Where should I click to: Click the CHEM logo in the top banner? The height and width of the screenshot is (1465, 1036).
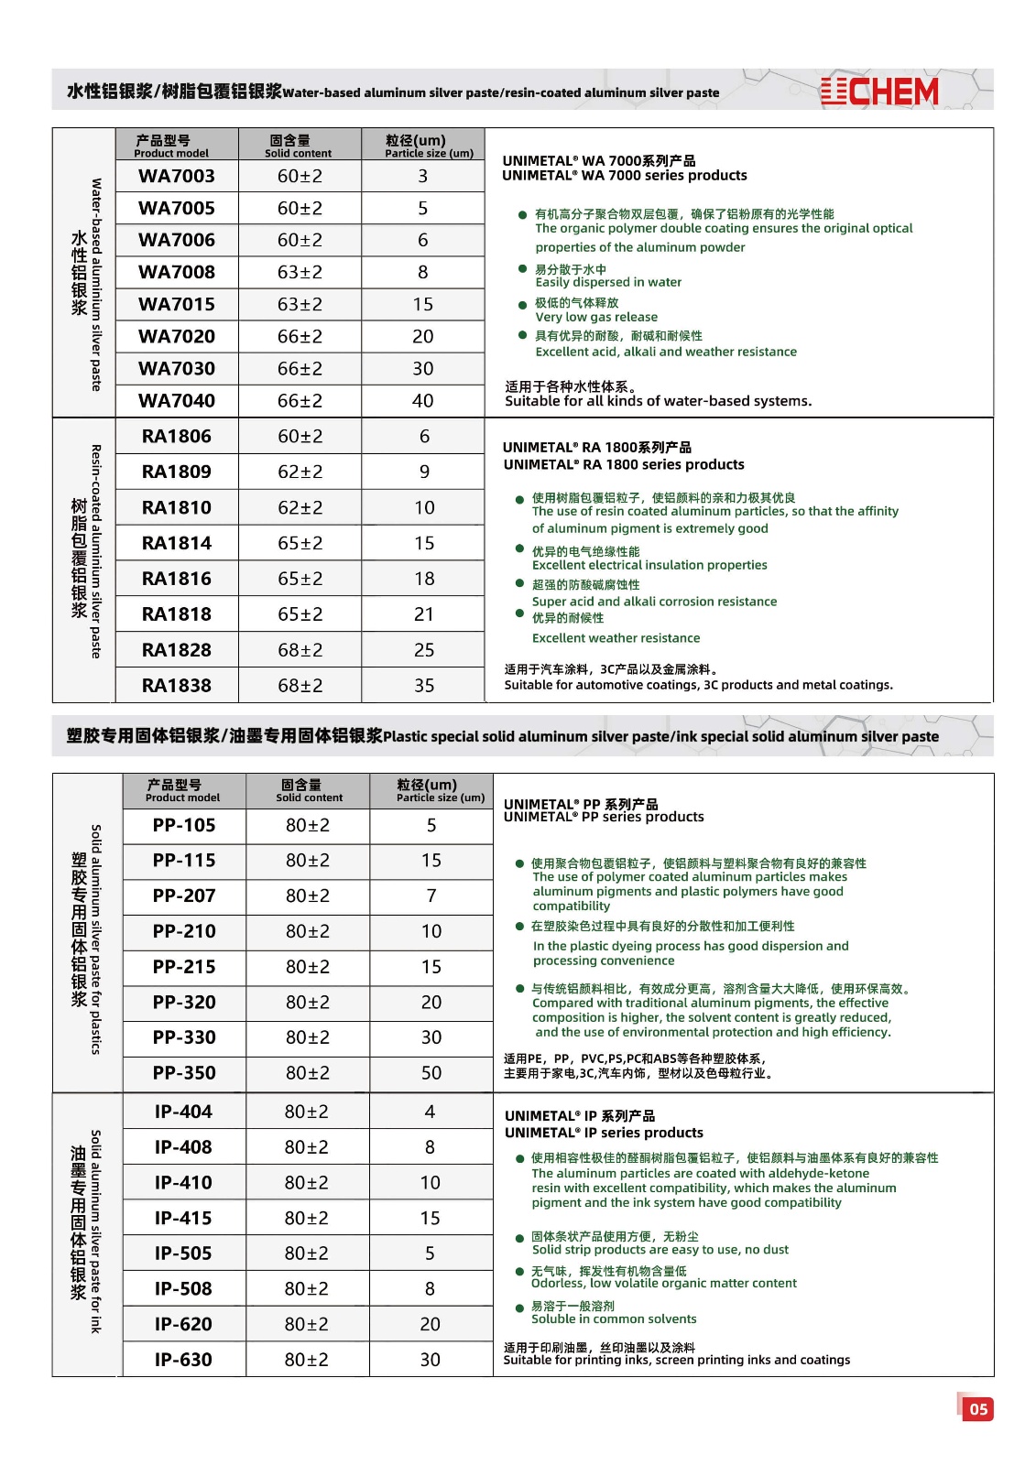click(879, 91)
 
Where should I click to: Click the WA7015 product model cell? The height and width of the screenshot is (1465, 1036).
click(177, 304)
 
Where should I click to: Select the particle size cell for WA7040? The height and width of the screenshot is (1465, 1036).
click(422, 401)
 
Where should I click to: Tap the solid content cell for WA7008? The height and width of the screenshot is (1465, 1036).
click(300, 273)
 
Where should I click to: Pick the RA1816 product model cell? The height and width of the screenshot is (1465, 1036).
click(177, 579)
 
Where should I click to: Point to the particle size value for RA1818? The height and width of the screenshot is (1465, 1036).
click(423, 614)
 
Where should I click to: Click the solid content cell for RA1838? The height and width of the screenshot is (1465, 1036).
click(300, 686)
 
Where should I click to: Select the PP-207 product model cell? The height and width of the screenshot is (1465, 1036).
click(184, 895)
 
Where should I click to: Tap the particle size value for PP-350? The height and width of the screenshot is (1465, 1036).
click(431, 1073)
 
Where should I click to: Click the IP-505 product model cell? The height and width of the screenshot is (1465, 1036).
click(183, 1253)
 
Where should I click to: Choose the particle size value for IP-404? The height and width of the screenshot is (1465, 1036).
click(430, 1112)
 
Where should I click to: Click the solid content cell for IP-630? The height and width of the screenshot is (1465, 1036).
click(306, 1360)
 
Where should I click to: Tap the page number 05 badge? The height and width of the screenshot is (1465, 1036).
click(978, 1409)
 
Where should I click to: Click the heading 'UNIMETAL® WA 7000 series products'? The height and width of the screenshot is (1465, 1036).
click(625, 176)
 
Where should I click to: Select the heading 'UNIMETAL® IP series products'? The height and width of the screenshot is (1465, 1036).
click(605, 1133)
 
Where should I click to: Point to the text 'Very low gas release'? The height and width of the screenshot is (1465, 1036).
click(596, 317)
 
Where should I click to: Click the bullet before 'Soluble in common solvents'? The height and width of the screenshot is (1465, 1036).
click(519, 1308)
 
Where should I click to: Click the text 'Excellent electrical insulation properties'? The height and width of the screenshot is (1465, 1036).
click(649, 565)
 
